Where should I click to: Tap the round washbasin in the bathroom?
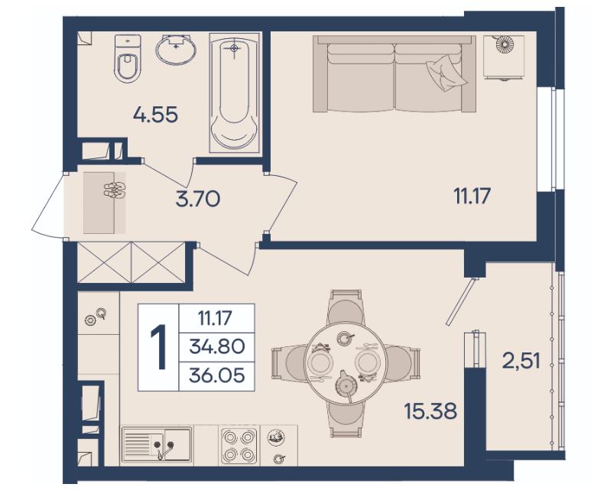coord(176,50)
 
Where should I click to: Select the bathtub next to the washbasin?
coord(234,93)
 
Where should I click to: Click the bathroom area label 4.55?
coord(155,115)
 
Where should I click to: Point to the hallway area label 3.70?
coord(198,199)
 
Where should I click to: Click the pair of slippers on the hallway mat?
coord(114,190)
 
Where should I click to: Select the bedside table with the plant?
coord(504,57)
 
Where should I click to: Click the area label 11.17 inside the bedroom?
coord(472,197)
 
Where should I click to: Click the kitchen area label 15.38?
coord(430,411)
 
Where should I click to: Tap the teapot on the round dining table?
coord(346,385)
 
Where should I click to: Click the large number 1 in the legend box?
coord(159,347)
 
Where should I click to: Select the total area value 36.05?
coord(216,375)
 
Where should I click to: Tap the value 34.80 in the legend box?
coord(216,346)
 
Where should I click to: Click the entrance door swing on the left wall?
coord(48,206)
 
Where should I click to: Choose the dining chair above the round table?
coord(345,307)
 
